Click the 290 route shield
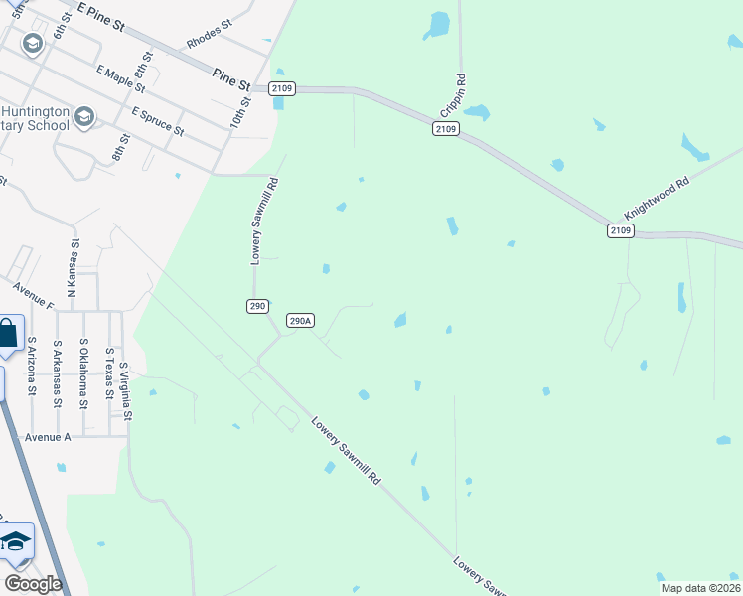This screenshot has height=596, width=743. [257, 306]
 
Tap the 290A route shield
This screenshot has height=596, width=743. [300, 321]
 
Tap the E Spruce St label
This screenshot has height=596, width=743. [157, 123]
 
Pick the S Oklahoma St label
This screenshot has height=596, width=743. [84, 373]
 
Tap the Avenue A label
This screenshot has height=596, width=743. [49, 437]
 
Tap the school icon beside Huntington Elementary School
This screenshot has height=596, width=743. [83, 117]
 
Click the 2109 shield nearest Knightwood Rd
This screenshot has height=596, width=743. [620, 230]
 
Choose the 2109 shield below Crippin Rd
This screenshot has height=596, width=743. [446, 129]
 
